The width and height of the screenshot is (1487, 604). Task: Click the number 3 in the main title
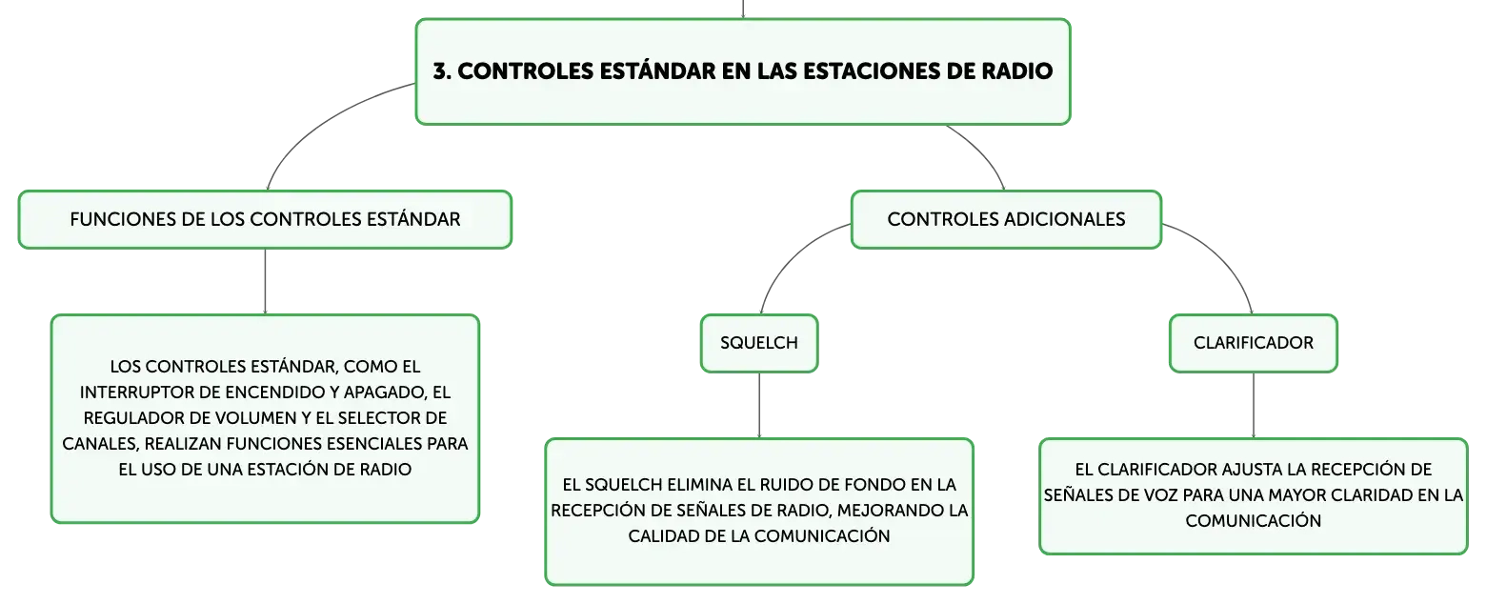pos(440,71)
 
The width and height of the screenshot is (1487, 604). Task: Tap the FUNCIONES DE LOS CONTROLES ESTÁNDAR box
pos(265,220)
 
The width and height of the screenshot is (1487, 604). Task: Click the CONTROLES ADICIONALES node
pos(1006,220)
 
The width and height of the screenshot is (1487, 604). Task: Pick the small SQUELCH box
pos(759,343)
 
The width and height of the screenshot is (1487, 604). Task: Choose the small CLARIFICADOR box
pos(1253,343)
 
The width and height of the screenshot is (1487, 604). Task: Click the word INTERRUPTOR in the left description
pos(137,393)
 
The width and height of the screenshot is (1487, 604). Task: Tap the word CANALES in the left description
pos(100,443)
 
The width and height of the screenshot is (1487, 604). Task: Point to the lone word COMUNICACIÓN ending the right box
pos(1254,521)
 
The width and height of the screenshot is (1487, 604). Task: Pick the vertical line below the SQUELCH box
pos(759,405)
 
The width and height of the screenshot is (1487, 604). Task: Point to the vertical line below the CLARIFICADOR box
pos(1254,405)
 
